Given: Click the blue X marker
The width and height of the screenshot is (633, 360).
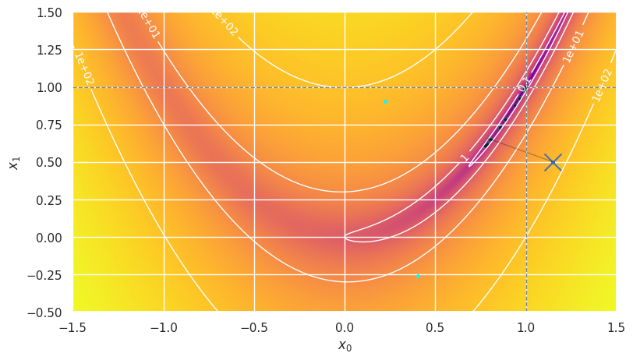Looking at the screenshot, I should [553, 162].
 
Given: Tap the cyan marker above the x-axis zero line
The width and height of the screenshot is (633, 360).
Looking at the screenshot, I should [385, 102].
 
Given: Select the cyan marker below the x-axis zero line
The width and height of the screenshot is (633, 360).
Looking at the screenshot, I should [418, 276].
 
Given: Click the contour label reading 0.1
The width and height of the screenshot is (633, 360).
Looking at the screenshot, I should [524, 81].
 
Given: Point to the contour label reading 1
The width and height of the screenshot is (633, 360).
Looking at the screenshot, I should [465, 157].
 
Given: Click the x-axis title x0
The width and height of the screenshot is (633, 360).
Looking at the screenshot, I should [345, 346].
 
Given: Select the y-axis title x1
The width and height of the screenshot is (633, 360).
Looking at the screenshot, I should [13, 162].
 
